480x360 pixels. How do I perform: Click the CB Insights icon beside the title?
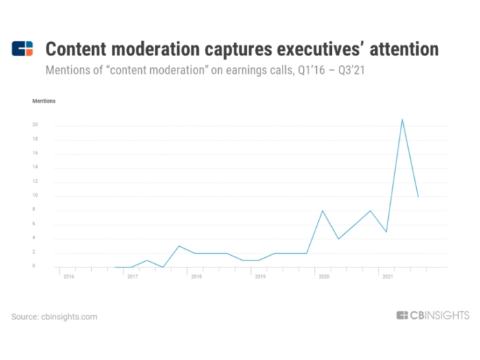(23, 49)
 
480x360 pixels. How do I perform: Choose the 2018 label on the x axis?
(196, 276)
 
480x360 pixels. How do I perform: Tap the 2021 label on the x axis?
(387, 276)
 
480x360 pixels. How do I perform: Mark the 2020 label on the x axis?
(323, 276)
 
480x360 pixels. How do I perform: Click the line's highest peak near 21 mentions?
(402, 119)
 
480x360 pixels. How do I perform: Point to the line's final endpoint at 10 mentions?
(418, 197)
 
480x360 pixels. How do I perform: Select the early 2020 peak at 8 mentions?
(322, 211)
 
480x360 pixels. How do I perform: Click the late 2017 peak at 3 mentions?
(179, 245)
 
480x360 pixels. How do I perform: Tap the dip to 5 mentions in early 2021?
(387, 232)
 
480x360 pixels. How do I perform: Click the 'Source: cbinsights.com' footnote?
(54, 317)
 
